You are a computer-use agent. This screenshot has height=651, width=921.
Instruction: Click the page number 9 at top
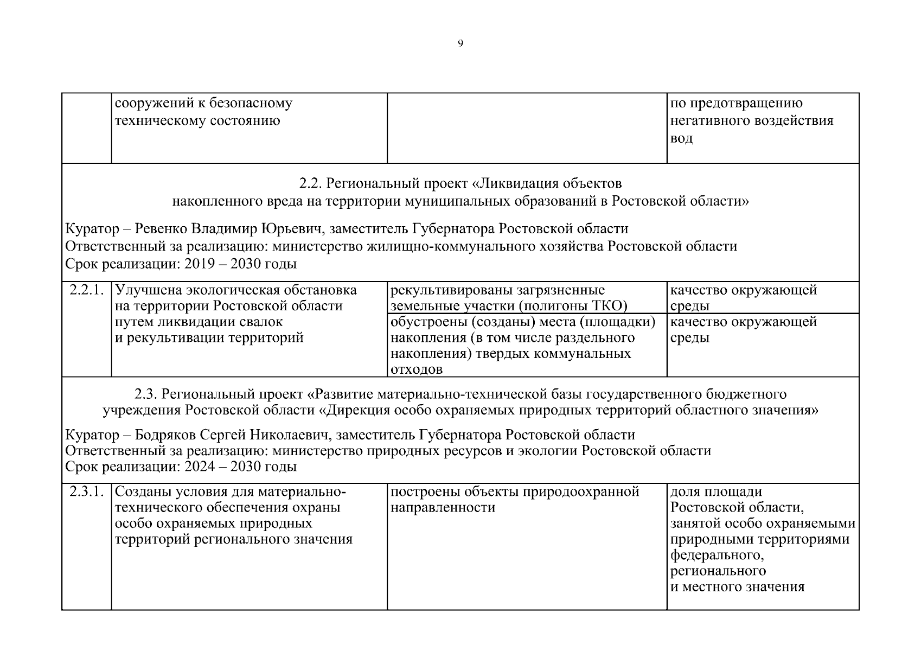coord(460,44)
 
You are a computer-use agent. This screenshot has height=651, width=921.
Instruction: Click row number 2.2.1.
coord(86,290)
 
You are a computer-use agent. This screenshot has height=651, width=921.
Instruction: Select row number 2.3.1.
coord(86,492)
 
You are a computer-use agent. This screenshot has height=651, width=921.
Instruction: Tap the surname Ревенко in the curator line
coord(161,229)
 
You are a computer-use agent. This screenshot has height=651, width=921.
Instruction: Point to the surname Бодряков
coord(165,435)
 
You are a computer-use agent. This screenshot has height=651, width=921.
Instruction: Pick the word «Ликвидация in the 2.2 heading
coord(513,183)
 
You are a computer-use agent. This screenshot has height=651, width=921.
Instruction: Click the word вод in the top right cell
coord(682,138)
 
